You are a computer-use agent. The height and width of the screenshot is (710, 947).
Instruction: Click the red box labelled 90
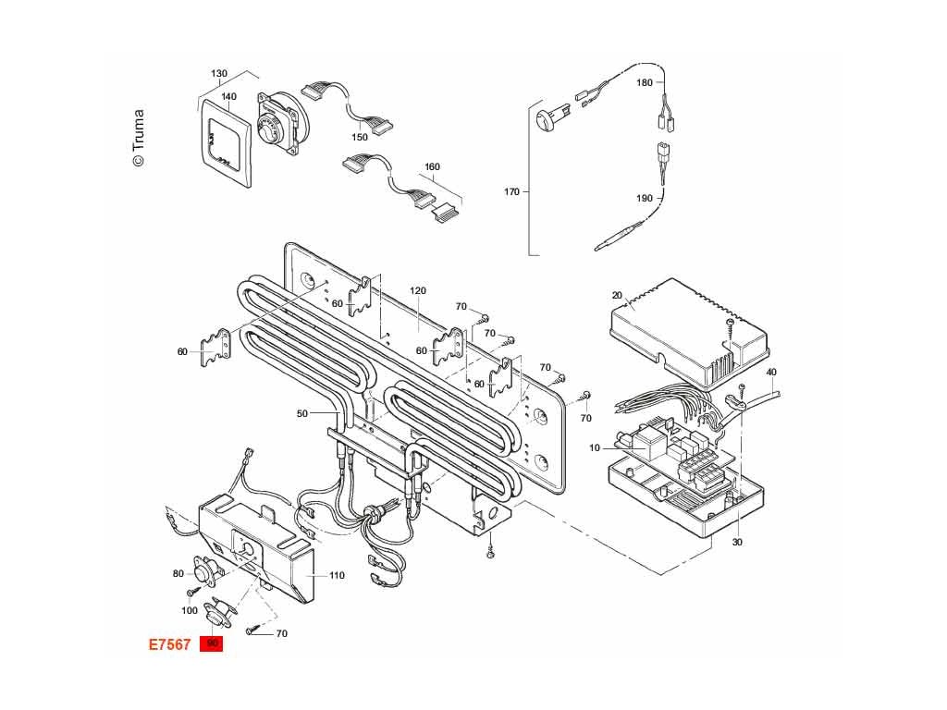pyautogui.click(x=213, y=643)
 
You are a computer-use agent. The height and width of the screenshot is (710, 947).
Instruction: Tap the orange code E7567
pyautogui.click(x=170, y=644)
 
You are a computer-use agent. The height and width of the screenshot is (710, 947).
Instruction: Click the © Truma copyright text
pyautogui.click(x=138, y=139)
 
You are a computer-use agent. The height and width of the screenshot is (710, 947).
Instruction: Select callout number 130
pyautogui.click(x=219, y=74)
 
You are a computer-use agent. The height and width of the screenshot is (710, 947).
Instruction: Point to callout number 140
pyautogui.click(x=228, y=97)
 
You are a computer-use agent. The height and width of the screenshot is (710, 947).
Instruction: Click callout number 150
pyautogui.click(x=360, y=137)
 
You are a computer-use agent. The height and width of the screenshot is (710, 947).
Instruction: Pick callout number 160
pyautogui.click(x=432, y=167)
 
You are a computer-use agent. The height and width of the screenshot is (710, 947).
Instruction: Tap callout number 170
pyautogui.click(x=511, y=192)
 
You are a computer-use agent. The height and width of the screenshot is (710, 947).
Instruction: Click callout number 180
pyautogui.click(x=645, y=82)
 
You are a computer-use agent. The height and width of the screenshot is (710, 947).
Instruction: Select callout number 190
pyautogui.click(x=645, y=198)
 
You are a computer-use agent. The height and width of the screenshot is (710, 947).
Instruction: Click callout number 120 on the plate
pyautogui.click(x=418, y=290)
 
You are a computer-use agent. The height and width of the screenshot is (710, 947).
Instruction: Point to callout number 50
pyautogui.click(x=302, y=413)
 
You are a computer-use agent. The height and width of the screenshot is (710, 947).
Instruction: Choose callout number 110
pyautogui.click(x=337, y=575)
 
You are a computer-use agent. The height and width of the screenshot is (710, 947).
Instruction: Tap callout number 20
pyautogui.click(x=617, y=295)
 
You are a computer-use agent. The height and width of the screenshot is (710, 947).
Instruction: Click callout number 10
pyautogui.click(x=594, y=448)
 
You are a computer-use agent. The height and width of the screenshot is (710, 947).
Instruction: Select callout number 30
pyautogui.click(x=737, y=542)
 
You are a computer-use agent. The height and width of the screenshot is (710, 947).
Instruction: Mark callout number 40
pyautogui.click(x=771, y=372)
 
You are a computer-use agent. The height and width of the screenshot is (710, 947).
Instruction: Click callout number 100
pyautogui.click(x=190, y=610)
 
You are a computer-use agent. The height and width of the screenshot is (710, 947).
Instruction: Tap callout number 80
pyautogui.click(x=178, y=573)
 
